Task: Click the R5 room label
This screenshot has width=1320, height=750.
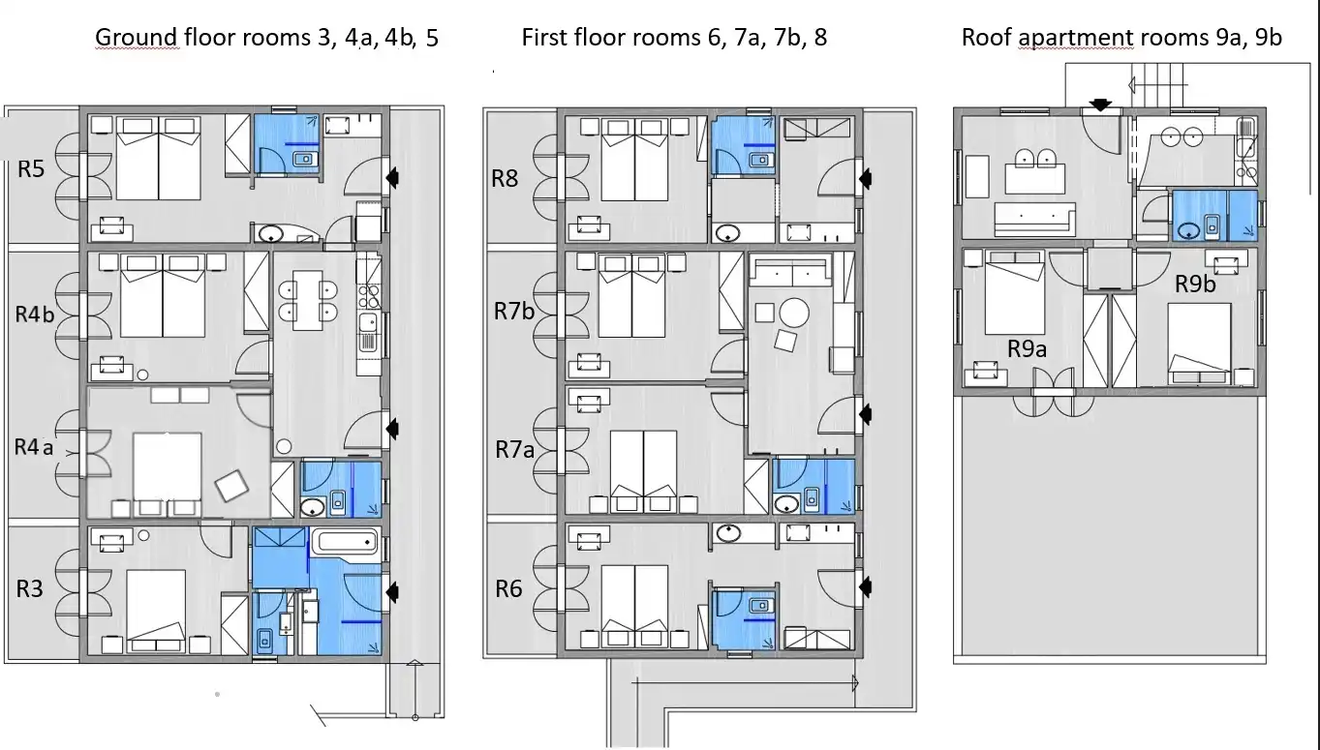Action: pyautogui.click(x=31, y=169)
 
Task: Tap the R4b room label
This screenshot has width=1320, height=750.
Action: pyautogui.click(x=35, y=315)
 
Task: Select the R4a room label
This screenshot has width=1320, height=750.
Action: pyautogui.click(x=34, y=447)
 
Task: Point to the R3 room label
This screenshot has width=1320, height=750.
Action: pyautogui.click(x=29, y=588)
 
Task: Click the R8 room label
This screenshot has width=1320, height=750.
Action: pyautogui.click(x=505, y=178)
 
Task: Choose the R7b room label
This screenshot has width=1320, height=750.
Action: pyautogui.click(x=514, y=312)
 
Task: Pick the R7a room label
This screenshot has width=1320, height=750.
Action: pyautogui.click(x=514, y=450)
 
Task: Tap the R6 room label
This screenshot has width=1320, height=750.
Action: pyautogui.click(x=508, y=588)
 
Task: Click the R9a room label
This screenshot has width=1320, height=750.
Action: pyautogui.click(x=1027, y=349)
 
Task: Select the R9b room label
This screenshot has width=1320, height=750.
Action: pyautogui.click(x=1195, y=284)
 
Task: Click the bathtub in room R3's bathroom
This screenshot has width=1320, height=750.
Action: pyautogui.click(x=345, y=542)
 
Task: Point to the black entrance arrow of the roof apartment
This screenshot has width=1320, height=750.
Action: pyautogui.click(x=1100, y=105)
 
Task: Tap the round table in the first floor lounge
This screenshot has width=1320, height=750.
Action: pyautogui.click(x=794, y=313)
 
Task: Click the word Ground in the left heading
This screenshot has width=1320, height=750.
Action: pyautogui.click(x=137, y=38)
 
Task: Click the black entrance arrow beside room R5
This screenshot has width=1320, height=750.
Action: pyautogui.click(x=392, y=177)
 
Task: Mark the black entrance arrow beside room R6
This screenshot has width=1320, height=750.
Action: pyautogui.click(x=865, y=586)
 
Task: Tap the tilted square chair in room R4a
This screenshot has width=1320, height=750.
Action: pyautogui.click(x=231, y=486)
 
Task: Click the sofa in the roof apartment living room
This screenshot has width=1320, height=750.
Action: pyautogui.click(x=1034, y=219)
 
